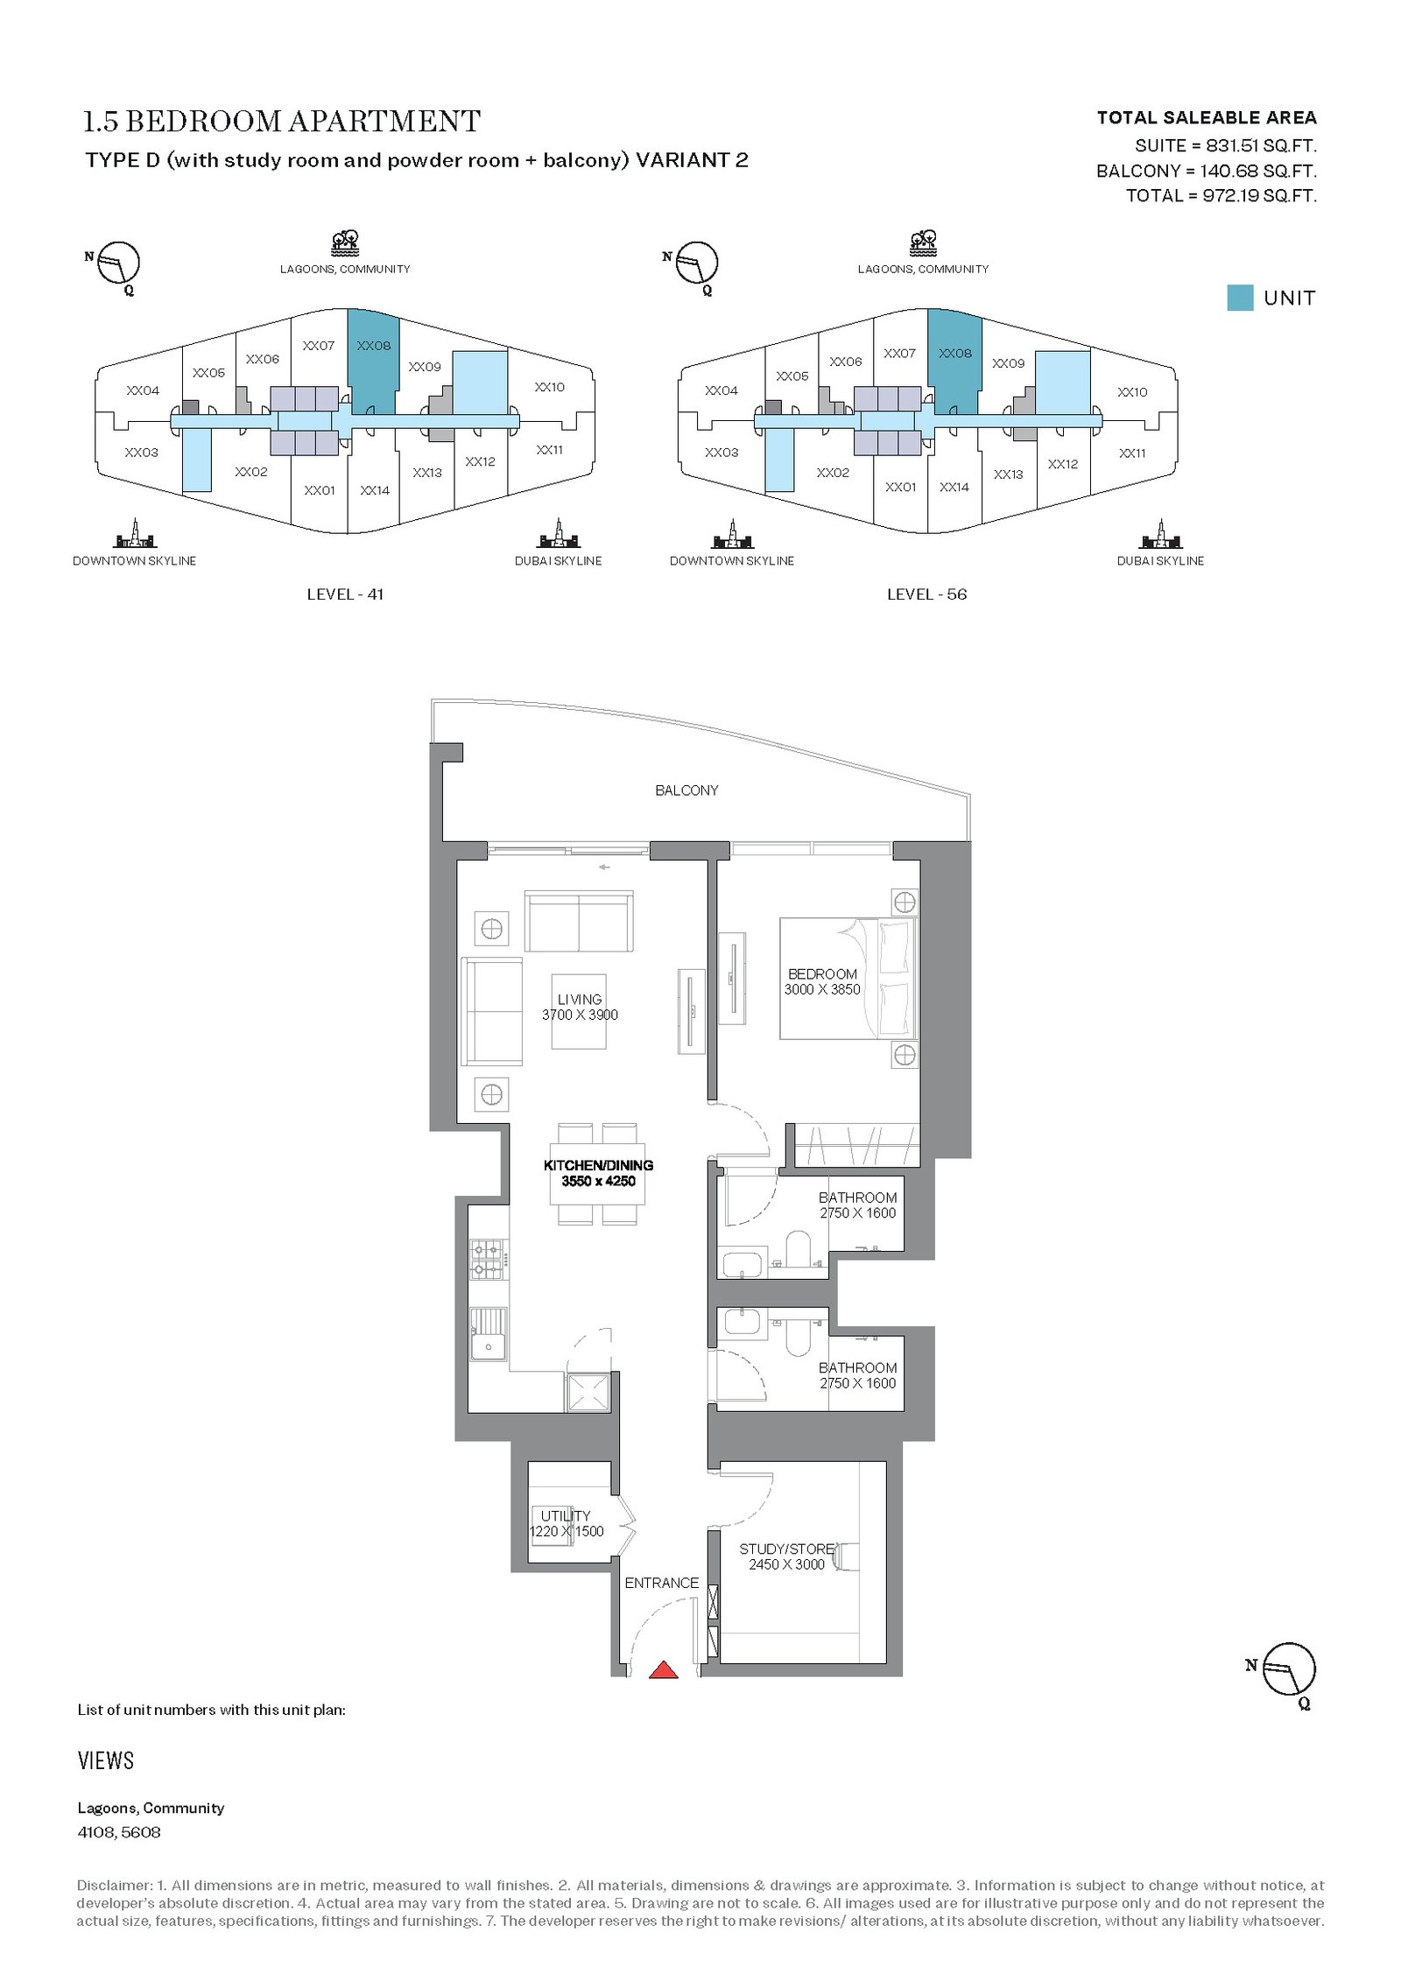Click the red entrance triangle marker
click(664, 1670)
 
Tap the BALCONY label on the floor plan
click(686, 790)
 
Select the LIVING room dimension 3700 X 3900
click(580, 1015)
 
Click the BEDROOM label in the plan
click(822, 973)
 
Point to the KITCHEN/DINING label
click(598, 1165)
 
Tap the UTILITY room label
click(566, 1515)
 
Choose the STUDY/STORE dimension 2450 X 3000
click(786, 1564)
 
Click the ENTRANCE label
click(662, 1583)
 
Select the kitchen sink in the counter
click(489, 1334)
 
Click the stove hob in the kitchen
click(488, 1260)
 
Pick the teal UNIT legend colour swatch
click(1240, 298)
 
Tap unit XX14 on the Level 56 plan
click(954, 487)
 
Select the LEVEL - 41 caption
click(345, 594)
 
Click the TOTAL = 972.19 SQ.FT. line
click(1221, 195)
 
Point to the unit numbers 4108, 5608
click(119, 1832)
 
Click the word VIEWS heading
click(106, 1760)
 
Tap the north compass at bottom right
click(1288, 1669)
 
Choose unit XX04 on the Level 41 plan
click(143, 390)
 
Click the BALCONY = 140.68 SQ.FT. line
click(1207, 171)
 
